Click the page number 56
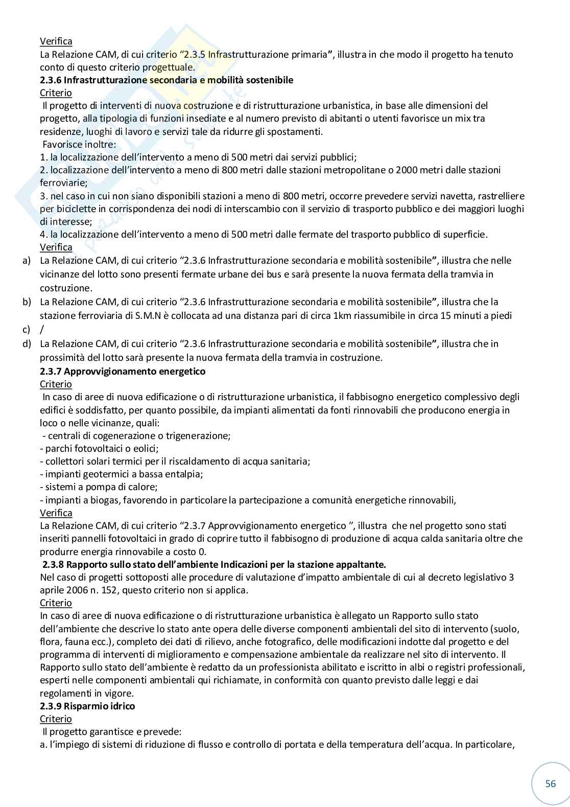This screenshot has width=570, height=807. click(x=550, y=783)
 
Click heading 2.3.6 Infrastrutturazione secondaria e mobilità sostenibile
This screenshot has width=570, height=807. click(x=167, y=80)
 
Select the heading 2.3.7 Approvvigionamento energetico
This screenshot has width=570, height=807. click(x=123, y=371)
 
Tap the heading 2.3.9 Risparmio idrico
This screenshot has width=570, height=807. click(x=87, y=706)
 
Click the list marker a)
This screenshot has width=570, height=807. click(x=27, y=261)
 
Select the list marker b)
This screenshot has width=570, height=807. click(x=27, y=302)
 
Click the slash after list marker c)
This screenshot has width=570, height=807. click(x=41, y=329)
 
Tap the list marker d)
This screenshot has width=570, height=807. click(x=27, y=343)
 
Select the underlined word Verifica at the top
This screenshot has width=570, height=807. click(x=56, y=41)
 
